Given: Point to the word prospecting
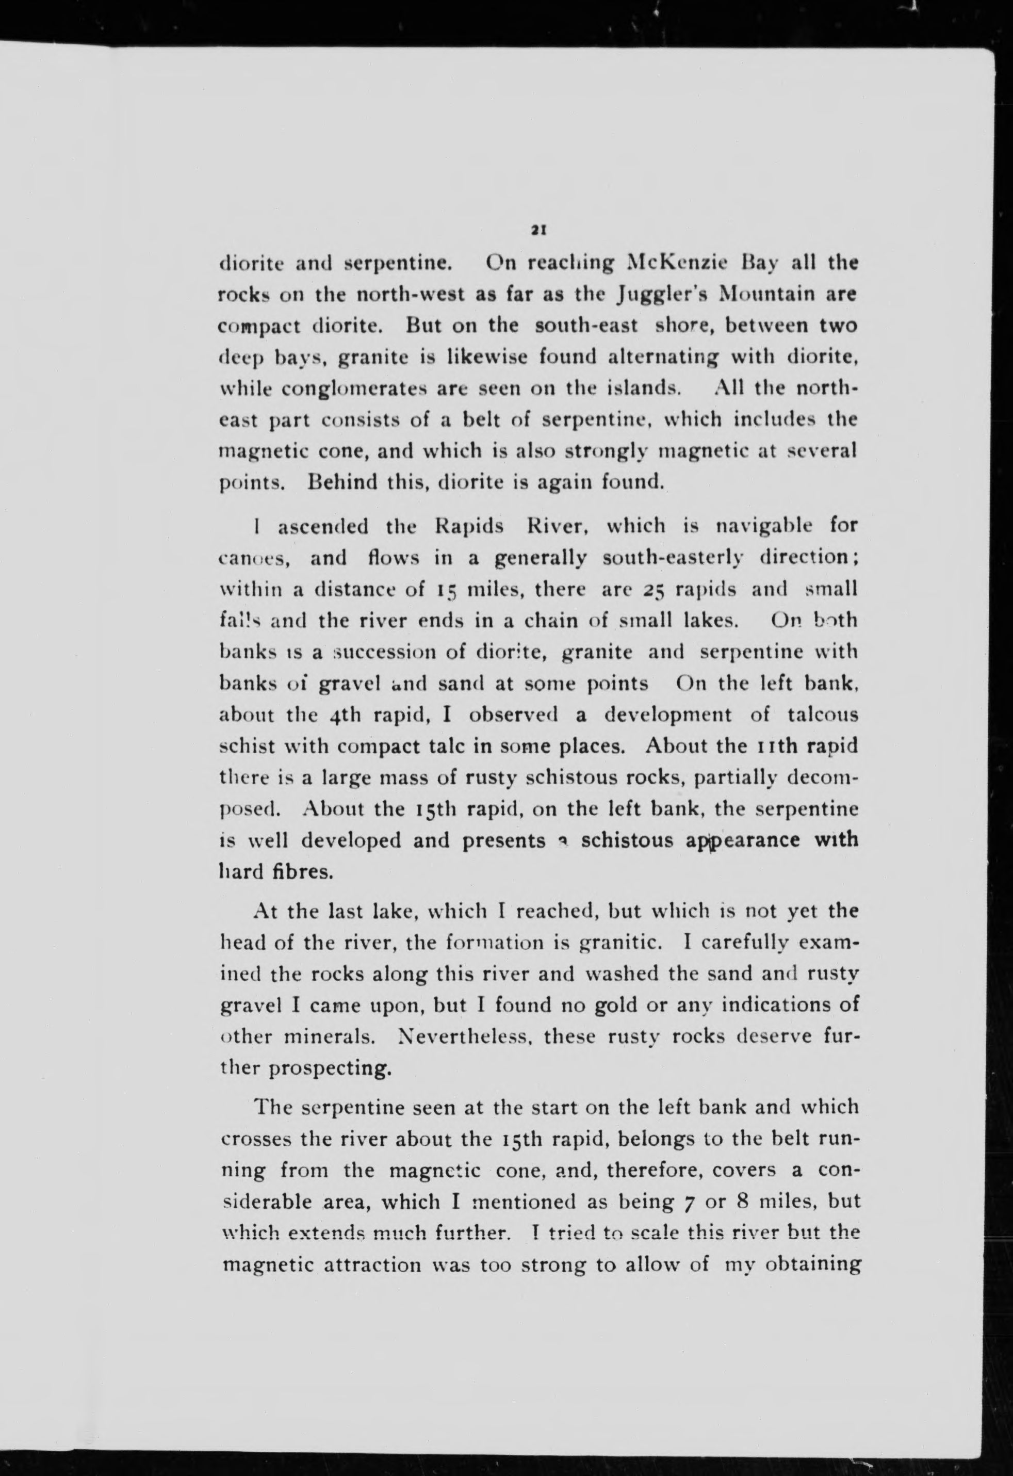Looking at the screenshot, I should pos(330,1069).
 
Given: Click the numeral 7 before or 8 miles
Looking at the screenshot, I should pos(685,1202).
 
